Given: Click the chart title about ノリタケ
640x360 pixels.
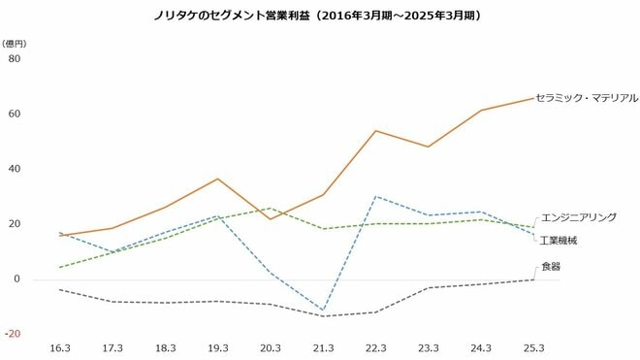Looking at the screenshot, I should point(319,16).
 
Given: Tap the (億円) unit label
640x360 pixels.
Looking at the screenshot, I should point(16,44).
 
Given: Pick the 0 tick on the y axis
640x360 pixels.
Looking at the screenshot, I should point(16,279).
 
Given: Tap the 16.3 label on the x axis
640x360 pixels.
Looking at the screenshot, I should point(61,347).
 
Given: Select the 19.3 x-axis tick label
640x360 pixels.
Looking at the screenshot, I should point(218,347).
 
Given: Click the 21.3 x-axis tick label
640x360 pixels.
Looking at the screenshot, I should point(323,347).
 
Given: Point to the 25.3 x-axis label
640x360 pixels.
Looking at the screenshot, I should point(532,347).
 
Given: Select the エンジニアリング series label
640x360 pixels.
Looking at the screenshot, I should point(578,218).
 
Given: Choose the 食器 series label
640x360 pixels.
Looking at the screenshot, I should point(550,265).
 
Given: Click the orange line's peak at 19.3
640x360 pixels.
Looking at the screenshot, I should point(218,179).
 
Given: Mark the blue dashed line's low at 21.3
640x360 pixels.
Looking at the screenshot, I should point(323,311).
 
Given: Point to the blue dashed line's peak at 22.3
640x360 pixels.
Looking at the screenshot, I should point(375,197).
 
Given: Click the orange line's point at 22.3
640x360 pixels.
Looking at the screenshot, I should point(375,131).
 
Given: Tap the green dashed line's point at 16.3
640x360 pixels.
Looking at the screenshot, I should point(61,267).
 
